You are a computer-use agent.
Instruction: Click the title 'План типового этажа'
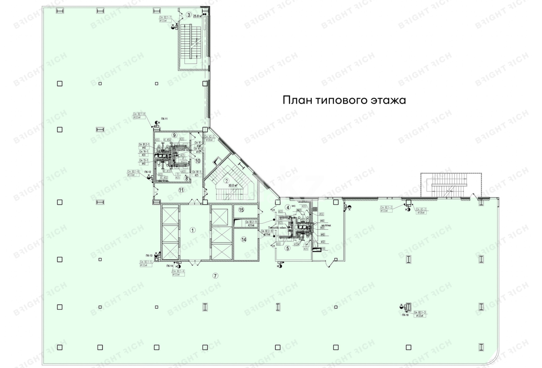344,100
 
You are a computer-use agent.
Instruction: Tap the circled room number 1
193,230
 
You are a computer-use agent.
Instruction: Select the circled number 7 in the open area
215,276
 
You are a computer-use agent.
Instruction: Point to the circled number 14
244,240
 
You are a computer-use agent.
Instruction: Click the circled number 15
241,210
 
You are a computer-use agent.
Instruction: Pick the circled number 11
181,190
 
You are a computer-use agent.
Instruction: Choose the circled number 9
174,135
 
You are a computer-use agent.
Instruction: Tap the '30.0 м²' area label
233,185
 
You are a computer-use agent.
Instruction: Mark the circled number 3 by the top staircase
189,15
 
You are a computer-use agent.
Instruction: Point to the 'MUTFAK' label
327,226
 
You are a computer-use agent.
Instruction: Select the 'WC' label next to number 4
293,206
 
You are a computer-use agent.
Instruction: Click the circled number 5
287,248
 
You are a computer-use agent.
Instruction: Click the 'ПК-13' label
149,256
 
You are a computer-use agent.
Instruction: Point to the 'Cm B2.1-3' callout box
420,314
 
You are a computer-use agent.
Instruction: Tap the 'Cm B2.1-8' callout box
139,116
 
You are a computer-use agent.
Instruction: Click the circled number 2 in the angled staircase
226,181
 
